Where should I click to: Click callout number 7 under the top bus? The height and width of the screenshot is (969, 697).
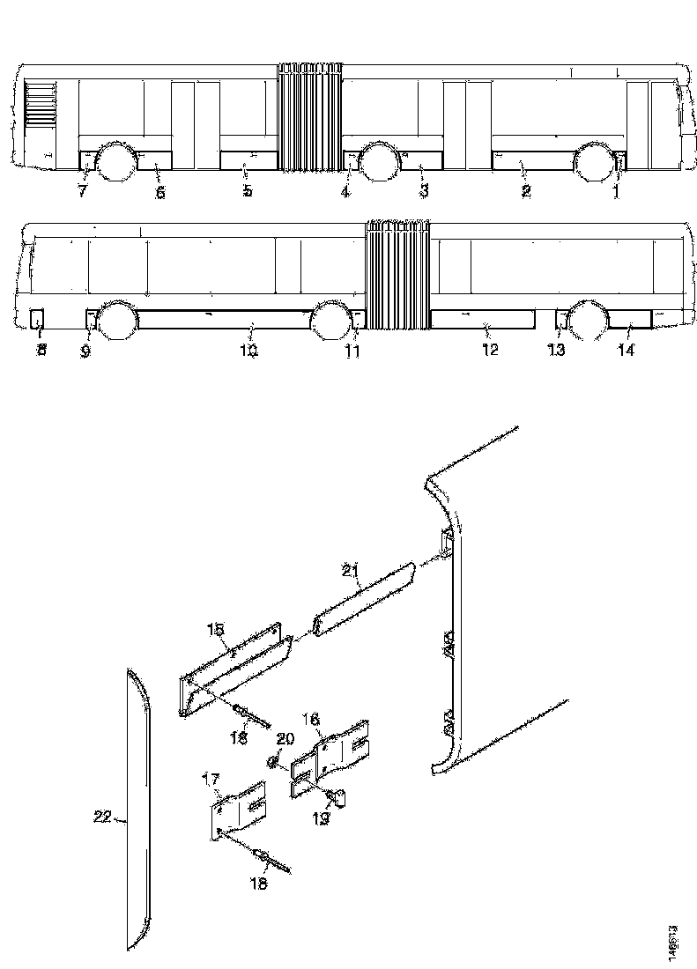coord(82,191)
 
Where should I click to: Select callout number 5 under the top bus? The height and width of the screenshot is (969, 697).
coord(248,191)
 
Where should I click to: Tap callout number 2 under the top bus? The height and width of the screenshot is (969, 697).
coord(526,191)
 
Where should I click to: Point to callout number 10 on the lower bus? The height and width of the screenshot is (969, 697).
coord(248,351)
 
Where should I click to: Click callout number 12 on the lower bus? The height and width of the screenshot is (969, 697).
coord(490,350)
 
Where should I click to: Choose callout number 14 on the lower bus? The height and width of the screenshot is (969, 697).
coord(627,351)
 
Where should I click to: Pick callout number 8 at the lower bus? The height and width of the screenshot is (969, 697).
coord(41,351)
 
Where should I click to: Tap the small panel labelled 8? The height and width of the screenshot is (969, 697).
coord(38,317)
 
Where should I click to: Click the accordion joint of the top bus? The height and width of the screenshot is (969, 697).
coord(310,115)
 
